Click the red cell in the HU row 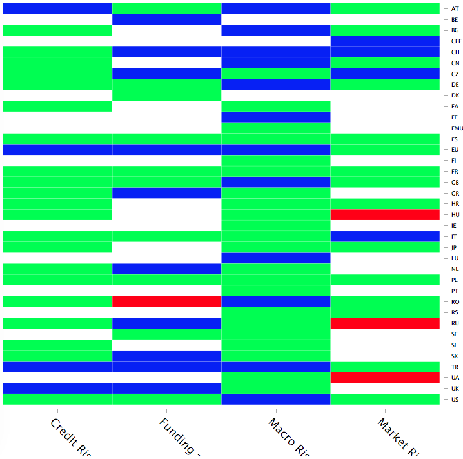pyautogui.click(x=385, y=214)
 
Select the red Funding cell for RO pyautogui.click(x=167, y=301)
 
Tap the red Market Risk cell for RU pyautogui.click(x=385, y=323)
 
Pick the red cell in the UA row pyautogui.click(x=385, y=377)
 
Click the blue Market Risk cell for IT pyautogui.click(x=385, y=236)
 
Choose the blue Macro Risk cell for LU pyautogui.click(x=276, y=258)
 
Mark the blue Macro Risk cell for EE pyautogui.click(x=276, y=117)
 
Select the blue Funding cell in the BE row pyautogui.click(x=167, y=19)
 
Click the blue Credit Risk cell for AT pyautogui.click(x=58, y=8)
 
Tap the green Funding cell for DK pyautogui.click(x=167, y=96)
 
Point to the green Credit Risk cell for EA pyautogui.click(x=58, y=106)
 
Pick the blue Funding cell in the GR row pyautogui.click(x=167, y=193)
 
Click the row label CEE pyautogui.click(x=457, y=41)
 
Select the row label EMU pyautogui.click(x=457, y=128)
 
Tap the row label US pyautogui.click(x=455, y=399)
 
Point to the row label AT pyautogui.click(x=455, y=9)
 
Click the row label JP pyautogui.click(x=455, y=247)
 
